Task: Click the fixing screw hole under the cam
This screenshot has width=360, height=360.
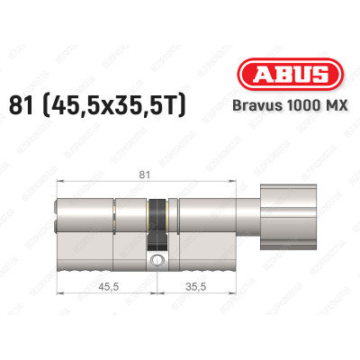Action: pyautogui.click(x=157, y=261)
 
